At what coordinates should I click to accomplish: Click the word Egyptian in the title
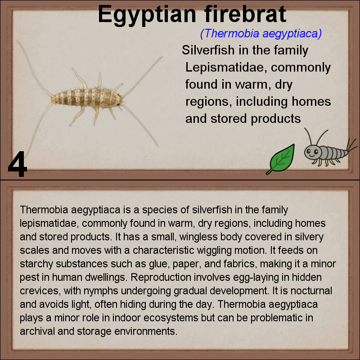pos(147,15)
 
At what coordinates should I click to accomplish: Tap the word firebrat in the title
pos(245,13)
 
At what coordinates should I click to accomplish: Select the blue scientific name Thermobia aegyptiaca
pos(261,33)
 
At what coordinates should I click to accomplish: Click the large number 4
pos(18,164)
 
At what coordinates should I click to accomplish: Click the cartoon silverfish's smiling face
pos(312,153)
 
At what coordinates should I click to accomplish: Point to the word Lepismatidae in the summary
pos(226,67)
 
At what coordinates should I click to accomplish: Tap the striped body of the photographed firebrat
pos(88,98)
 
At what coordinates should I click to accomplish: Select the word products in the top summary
pos(275,119)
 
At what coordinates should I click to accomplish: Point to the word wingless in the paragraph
pos(198,237)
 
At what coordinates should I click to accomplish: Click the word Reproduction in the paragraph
pos(161,277)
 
